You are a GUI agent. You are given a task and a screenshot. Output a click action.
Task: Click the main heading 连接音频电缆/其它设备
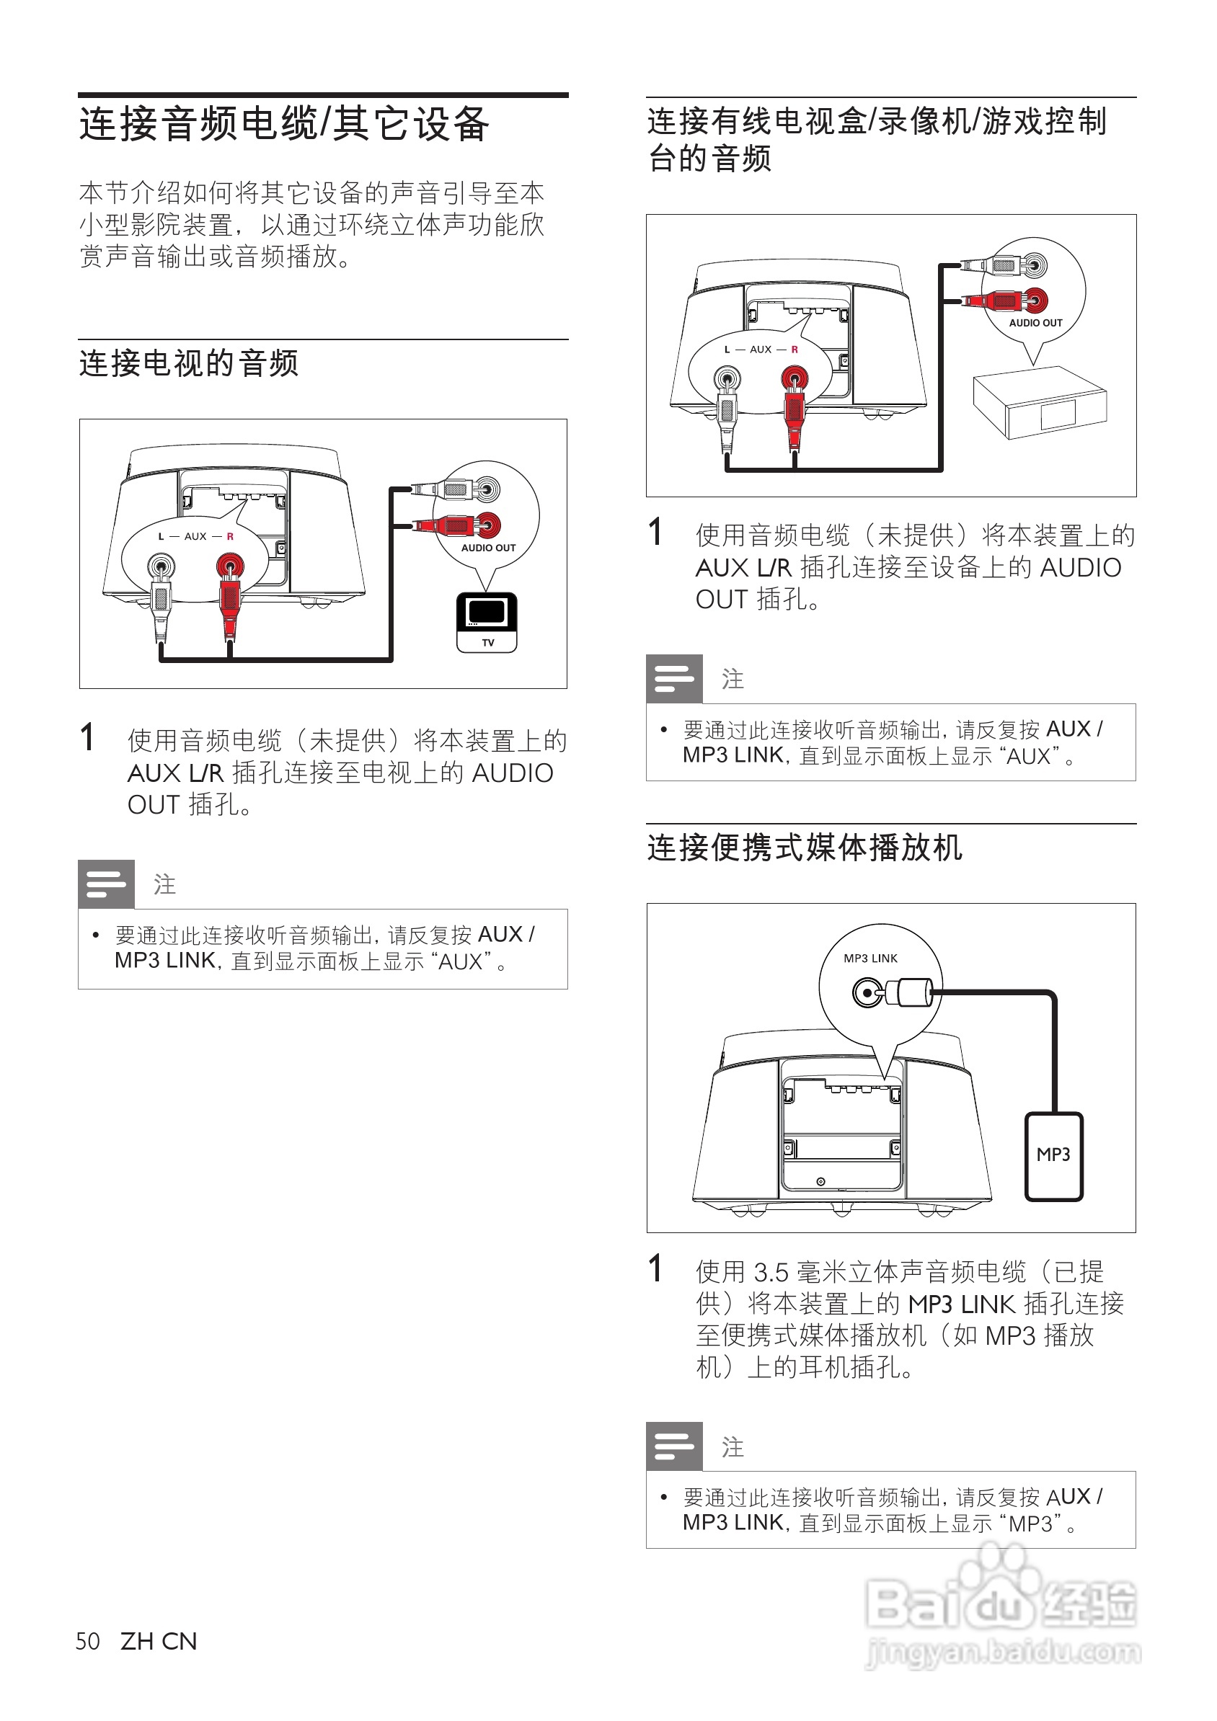pos(284,125)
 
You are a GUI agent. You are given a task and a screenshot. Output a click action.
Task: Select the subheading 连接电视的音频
pos(189,363)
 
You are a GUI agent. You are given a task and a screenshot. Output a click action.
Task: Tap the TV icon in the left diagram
pos(487,621)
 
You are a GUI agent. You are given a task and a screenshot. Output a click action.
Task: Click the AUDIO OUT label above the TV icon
pos(488,548)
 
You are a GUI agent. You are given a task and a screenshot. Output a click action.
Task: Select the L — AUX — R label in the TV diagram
pos(195,537)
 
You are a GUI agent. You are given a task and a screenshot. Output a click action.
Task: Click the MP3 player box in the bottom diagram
pos(1053,1156)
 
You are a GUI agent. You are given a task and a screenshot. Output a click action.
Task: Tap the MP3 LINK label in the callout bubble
pos(869,959)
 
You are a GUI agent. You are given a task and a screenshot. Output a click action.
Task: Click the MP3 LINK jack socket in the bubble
pos(867,993)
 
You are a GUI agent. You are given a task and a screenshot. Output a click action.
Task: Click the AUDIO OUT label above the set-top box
pos(1035,323)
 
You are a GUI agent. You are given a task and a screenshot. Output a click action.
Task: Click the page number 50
pos(88,1642)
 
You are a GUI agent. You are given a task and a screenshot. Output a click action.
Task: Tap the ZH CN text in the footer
pos(159,1642)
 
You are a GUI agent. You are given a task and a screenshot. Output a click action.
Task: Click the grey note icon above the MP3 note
pos(674,1446)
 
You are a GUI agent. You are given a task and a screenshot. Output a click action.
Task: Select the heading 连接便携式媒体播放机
pos(805,848)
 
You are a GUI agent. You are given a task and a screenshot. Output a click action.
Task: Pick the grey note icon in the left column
pos(107,884)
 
